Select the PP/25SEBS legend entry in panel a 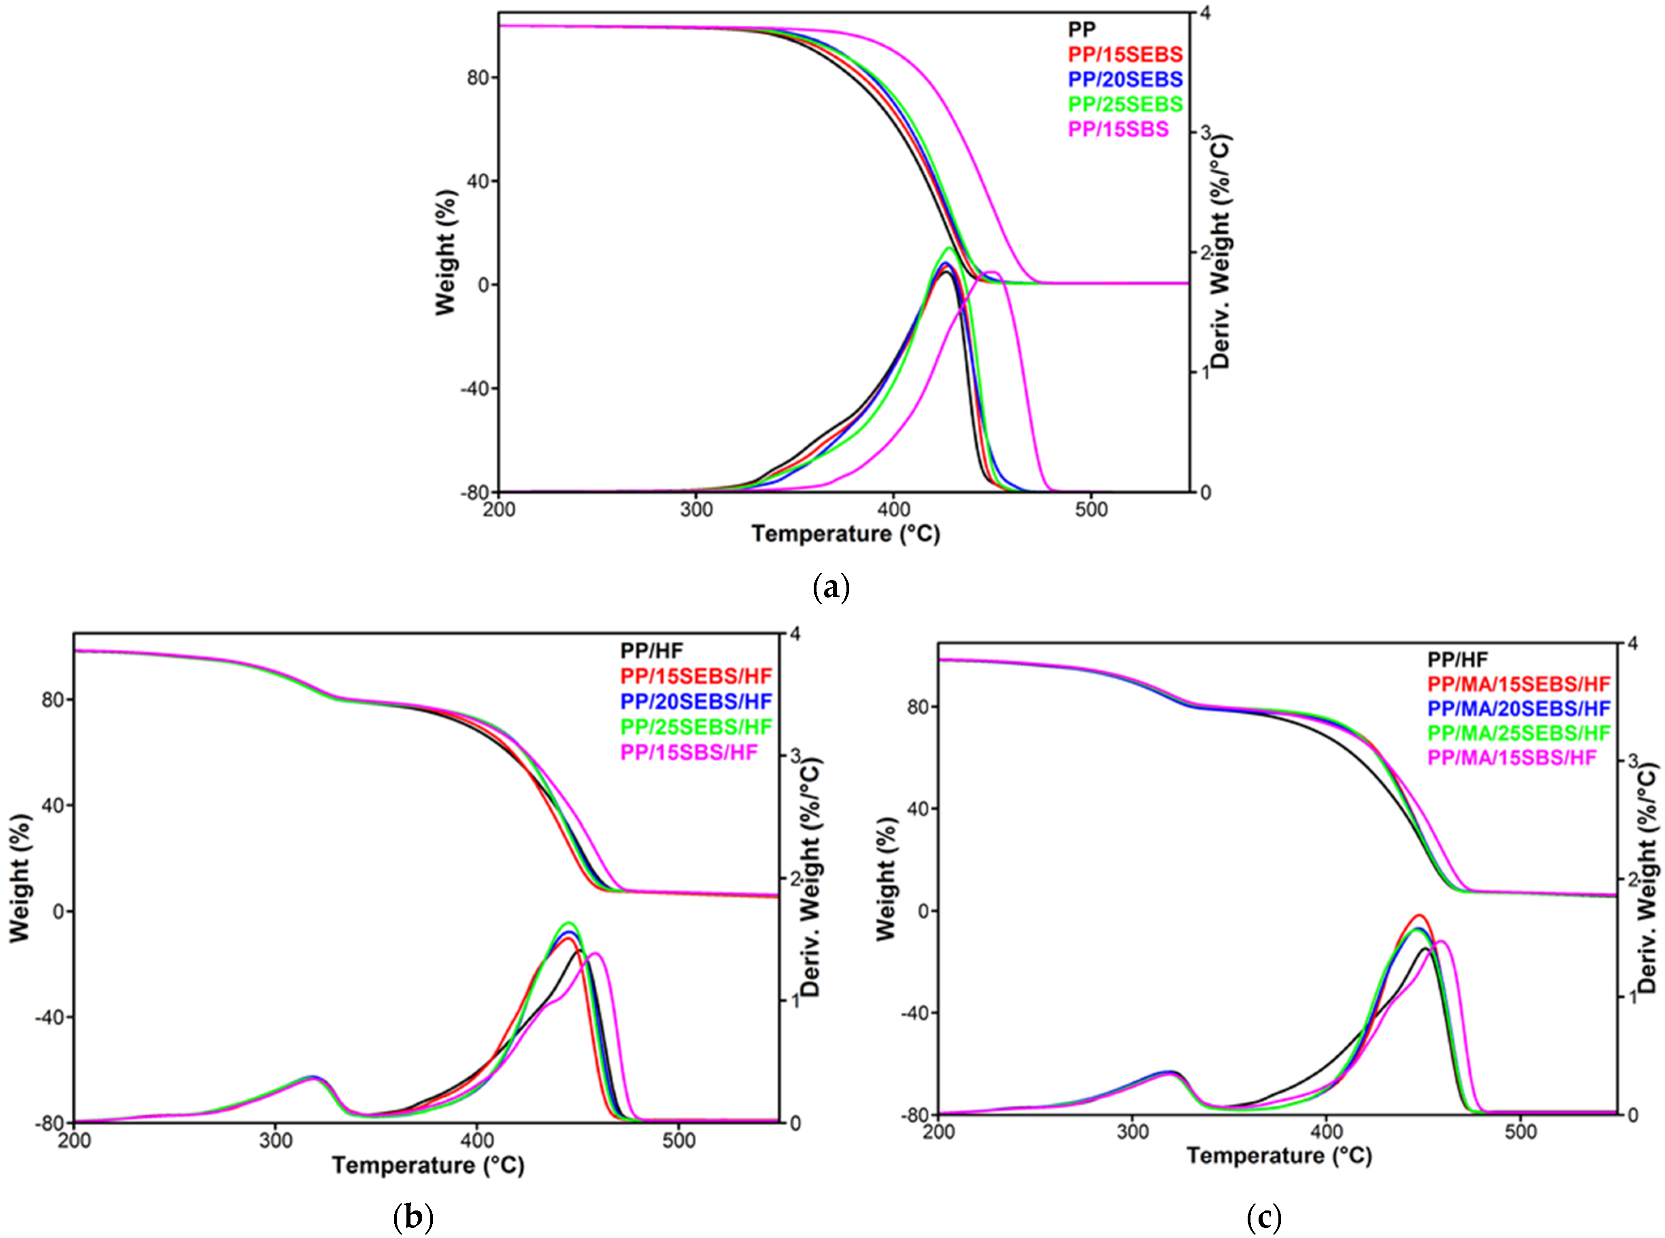click(1125, 104)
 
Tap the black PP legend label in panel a click(1081, 29)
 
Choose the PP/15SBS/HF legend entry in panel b click(689, 752)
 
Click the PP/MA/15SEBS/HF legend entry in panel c click(1518, 683)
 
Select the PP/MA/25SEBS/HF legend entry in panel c click(1518, 733)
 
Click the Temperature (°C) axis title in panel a click(845, 534)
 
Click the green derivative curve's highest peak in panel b click(568, 923)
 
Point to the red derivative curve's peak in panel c click(1418, 915)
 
